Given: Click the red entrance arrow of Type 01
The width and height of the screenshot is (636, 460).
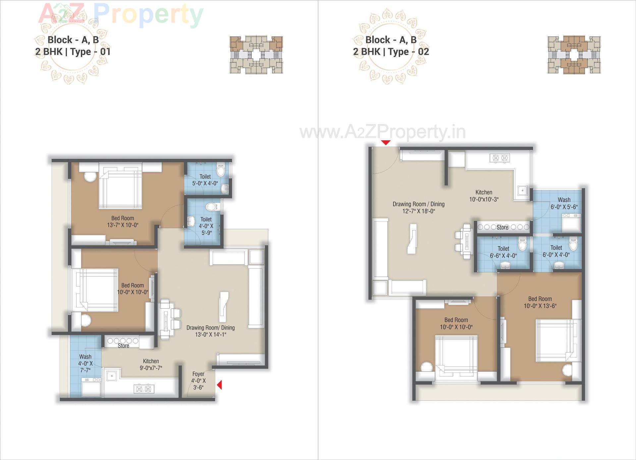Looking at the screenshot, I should click(219, 385).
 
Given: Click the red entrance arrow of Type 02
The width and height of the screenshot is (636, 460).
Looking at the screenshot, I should click(386, 143).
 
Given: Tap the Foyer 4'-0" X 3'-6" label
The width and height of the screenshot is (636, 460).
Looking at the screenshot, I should click(198, 380).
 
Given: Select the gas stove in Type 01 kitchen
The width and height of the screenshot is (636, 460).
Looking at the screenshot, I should click(144, 389).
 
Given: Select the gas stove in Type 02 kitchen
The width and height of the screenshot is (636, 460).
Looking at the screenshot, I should click(500, 158).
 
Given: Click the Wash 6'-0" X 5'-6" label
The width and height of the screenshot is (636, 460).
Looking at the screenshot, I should click(564, 203).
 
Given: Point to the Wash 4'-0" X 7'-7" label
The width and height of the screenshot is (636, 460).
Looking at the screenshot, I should click(85, 363).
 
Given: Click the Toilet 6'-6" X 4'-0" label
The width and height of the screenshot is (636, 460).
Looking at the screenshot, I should click(503, 252).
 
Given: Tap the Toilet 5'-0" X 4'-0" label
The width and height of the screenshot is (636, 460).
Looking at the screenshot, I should click(205, 180).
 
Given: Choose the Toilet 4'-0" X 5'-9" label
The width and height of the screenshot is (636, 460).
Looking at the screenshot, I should click(206, 226).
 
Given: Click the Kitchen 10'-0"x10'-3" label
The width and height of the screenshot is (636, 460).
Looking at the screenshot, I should click(484, 196).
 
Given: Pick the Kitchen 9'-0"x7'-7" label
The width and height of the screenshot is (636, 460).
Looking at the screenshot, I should click(151, 364).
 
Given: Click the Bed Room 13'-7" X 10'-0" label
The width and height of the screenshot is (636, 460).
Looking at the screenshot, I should click(123, 221).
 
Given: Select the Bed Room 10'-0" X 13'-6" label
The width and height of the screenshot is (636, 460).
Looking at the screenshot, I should click(540, 302).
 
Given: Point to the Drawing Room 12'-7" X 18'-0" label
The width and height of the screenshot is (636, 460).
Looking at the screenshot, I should click(418, 208).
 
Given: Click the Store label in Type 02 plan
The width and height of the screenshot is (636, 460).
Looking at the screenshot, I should click(502, 227).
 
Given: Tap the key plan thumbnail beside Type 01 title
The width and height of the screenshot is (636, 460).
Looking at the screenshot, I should click(256, 55).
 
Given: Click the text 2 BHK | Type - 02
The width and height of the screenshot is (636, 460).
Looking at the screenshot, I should click(391, 52).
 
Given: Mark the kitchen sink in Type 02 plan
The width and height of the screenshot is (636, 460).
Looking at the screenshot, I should click(522, 191).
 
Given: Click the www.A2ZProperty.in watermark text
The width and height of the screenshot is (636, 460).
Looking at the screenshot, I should click(383, 132).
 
